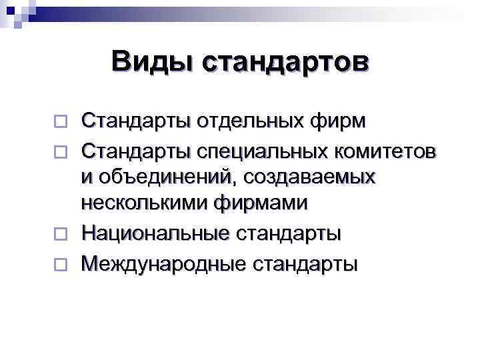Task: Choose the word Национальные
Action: click(x=155, y=234)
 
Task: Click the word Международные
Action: click(x=163, y=263)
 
